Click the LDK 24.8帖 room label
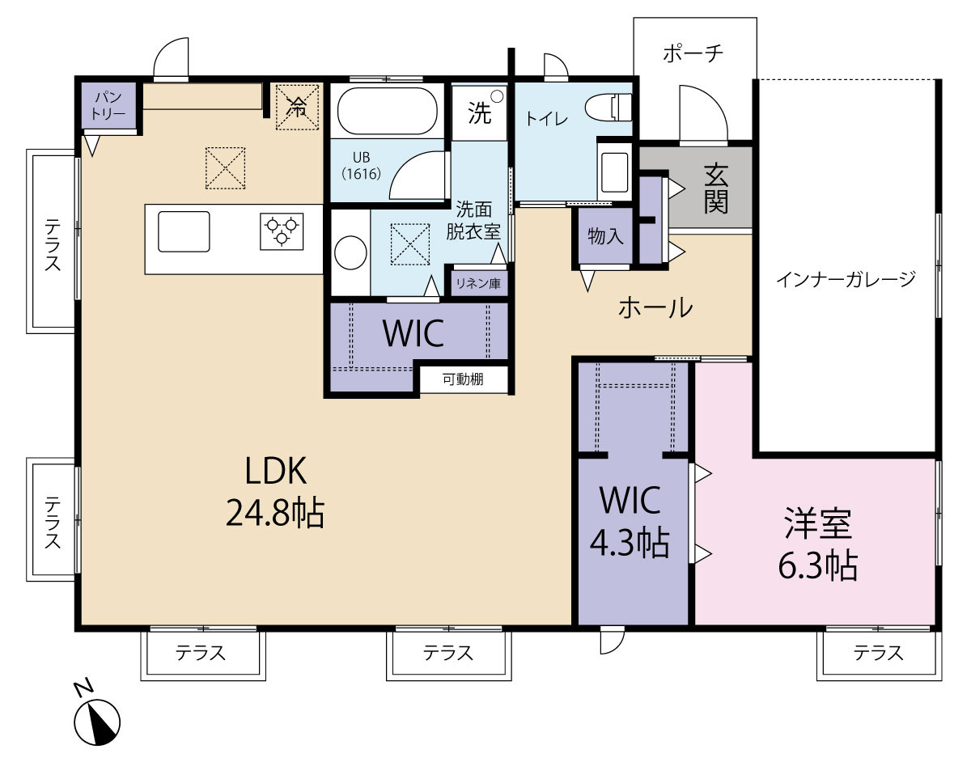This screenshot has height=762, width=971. pyautogui.click(x=275, y=492)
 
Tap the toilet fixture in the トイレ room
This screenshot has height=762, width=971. pyautogui.click(x=608, y=108)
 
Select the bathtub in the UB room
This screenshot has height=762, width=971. pyautogui.click(x=387, y=110)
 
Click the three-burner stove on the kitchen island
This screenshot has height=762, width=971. pyautogui.click(x=282, y=231)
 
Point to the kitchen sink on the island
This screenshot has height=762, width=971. pyautogui.click(x=184, y=231)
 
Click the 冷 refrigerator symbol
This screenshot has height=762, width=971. pyautogui.click(x=297, y=108)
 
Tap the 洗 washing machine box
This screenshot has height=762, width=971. pyautogui.click(x=480, y=113)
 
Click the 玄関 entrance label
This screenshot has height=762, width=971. pyautogui.click(x=715, y=189)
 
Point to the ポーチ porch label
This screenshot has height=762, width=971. pyautogui.click(x=693, y=54)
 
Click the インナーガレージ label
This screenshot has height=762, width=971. pyautogui.click(x=846, y=279)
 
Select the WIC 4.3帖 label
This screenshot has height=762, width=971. pyautogui.click(x=630, y=521)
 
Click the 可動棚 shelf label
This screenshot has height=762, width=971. pyautogui.click(x=463, y=379)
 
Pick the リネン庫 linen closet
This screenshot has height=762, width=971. pyautogui.click(x=478, y=283)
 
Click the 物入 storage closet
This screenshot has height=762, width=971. pyautogui.click(x=605, y=235)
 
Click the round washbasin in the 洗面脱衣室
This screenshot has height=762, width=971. pyautogui.click(x=351, y=252)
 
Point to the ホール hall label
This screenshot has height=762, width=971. pyautogui.click(x=655, y=307)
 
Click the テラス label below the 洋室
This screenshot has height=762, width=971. pyautogui.click(x=879, y=654)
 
